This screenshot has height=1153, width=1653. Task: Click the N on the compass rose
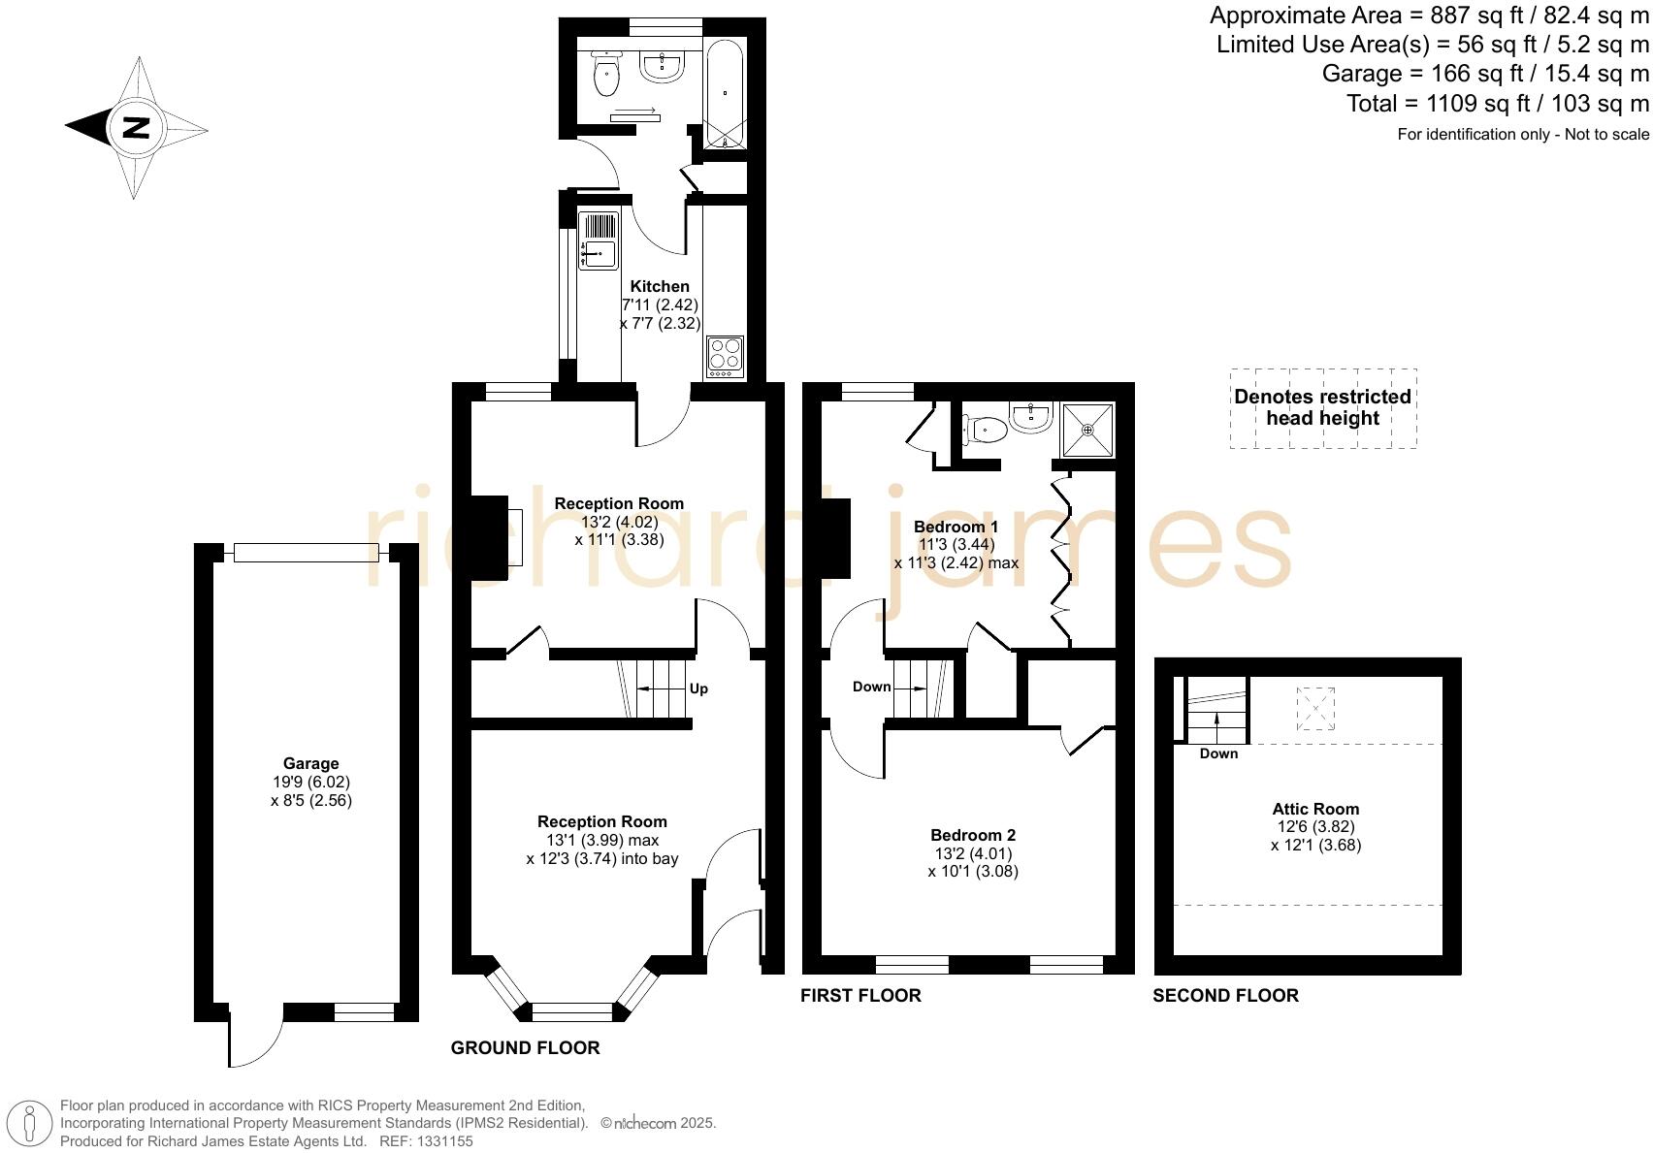(136, 127)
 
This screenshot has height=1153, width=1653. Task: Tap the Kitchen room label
(660, 286)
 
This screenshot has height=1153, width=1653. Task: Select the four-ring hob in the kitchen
(726, 356)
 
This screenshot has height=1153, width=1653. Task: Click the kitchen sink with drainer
(599, 240)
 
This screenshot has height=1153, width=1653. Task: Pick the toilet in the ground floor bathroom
(606, 75)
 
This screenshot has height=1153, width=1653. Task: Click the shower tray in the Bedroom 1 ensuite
(1087, 429)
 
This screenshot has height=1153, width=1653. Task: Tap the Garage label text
(310, 763)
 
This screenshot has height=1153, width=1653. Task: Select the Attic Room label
(1315, 809)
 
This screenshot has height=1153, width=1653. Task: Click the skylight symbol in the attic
(1315, 708)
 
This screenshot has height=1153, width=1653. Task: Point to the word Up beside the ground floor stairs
(698, 689)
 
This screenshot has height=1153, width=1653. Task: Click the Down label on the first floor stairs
(871, 687)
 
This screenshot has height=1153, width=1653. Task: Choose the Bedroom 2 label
(972, 835)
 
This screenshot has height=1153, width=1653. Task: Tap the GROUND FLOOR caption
(525, 1047)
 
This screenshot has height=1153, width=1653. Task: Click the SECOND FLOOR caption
(1225, 995)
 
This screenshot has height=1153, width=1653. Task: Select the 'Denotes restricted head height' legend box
(1322, 407)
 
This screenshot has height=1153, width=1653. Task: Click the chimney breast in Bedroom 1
(833, 538)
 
